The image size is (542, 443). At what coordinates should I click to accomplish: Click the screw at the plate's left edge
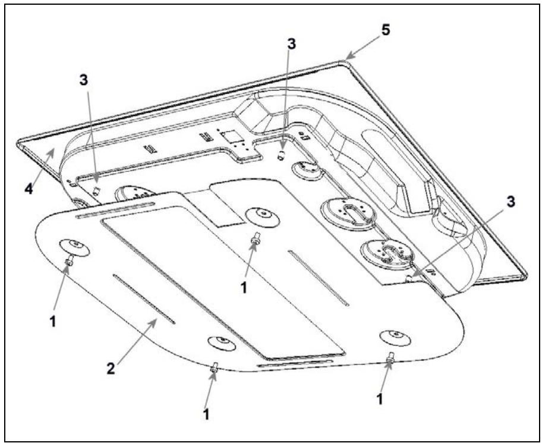coord(69,259)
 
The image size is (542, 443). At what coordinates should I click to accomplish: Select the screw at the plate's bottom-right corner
coord(390,358)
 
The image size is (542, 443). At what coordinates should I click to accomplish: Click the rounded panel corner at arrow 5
coord(342,61)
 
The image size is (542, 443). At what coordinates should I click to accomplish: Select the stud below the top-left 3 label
coord(96,190)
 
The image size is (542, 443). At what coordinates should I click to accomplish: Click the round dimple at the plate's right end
coord(396,336)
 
